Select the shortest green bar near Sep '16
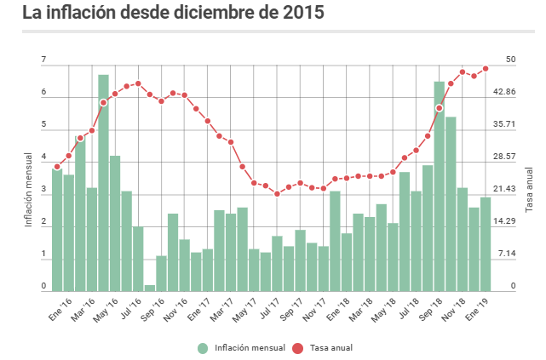click(150, 287)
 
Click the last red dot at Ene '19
click(486, 68)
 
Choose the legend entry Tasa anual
click(325, 347)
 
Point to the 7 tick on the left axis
click(43, 60)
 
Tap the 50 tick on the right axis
click(511, 60)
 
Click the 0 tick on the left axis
click(43, 287)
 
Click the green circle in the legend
click(203, 347)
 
